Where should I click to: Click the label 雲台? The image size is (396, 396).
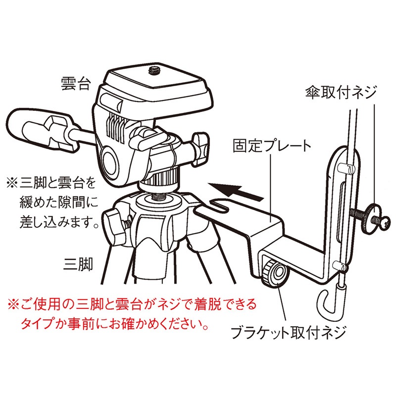click(x=75, y=84)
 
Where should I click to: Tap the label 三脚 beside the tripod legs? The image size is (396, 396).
click(x=78, y=264)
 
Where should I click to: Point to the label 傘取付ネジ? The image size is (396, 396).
click(x=341, y=93)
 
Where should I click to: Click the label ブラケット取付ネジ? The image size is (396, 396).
click(x=289, y=333)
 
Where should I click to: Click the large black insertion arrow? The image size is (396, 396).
click(x=236, y=191)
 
